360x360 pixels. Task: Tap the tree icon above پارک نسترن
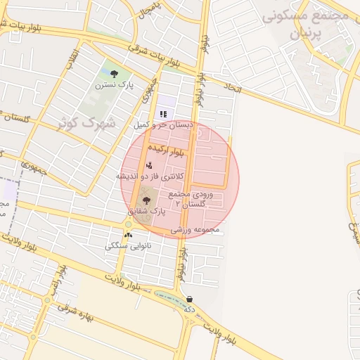click(x=114, y=72)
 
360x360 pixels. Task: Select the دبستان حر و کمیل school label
click(x=163, y=124)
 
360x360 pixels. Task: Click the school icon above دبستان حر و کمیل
click(x=163, y=113)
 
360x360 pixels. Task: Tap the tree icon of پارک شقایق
click(x=146, y=200)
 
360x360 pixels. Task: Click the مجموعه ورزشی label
click(x=195, y=229)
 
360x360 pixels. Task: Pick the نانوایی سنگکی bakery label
click(x=127, y=246)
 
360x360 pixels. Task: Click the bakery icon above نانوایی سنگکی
click(x=128, y=236)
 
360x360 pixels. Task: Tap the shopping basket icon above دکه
click(x=190, y=299)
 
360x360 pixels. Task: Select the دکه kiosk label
click(x=189, y=309)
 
